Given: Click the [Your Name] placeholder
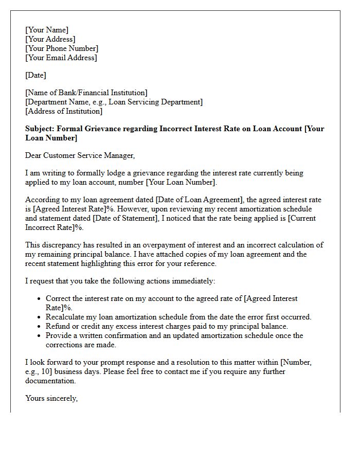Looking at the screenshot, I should (x=47, y=30).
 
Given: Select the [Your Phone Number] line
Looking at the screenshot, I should (x=62, y=48).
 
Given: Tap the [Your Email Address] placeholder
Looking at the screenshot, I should (x=61, y=58).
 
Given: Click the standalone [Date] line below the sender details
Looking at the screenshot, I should (x=35, y=75).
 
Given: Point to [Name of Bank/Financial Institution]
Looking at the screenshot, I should (x=86, y=93).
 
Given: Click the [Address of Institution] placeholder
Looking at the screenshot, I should (x=64, y=111).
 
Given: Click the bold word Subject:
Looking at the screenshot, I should (x=40, y=129).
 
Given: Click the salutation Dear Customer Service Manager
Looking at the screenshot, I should (x=80, y=155).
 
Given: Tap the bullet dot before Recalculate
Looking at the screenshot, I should (x=40, y=317).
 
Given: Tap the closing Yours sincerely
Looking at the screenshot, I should (x=51, y=398).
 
